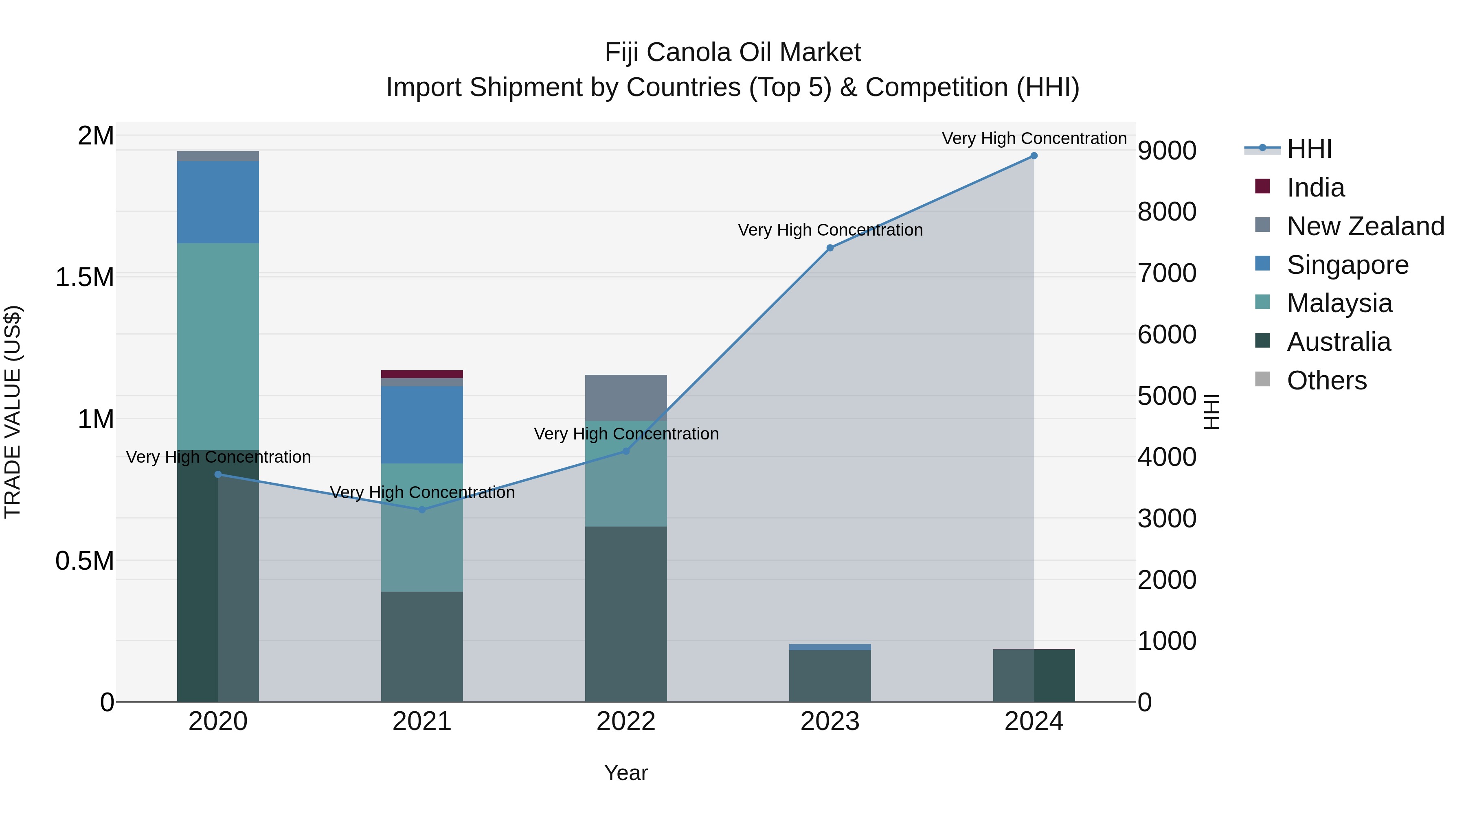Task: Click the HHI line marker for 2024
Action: pos(1034,156)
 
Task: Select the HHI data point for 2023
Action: pos(830,248)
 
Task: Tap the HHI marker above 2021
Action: pos(422,509)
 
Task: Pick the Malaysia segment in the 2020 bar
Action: pos(218,346)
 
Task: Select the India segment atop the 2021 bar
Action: pos(422,374)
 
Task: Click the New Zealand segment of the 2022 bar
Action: pos(625,398)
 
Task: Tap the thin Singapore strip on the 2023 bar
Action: pos(830,647)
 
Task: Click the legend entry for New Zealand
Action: pos(1365,226)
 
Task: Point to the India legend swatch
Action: pos(1262,186)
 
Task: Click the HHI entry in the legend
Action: pos(1309,149)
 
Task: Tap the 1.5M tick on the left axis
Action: pos(84,278)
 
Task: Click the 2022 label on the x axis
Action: pos(625,721)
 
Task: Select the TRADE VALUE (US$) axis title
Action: pos(13,412)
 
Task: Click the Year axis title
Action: pos(625,773)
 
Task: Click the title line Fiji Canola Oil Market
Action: pos(733,52)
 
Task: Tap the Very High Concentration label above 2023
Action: pos(830,230)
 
